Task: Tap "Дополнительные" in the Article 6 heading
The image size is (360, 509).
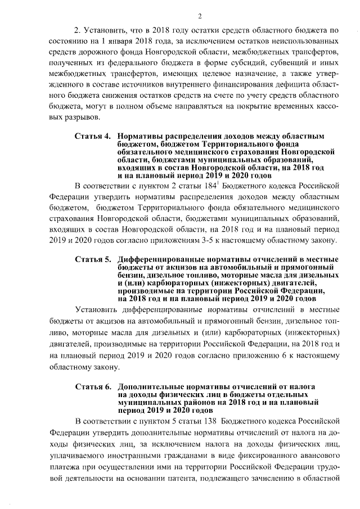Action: (148, 388)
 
